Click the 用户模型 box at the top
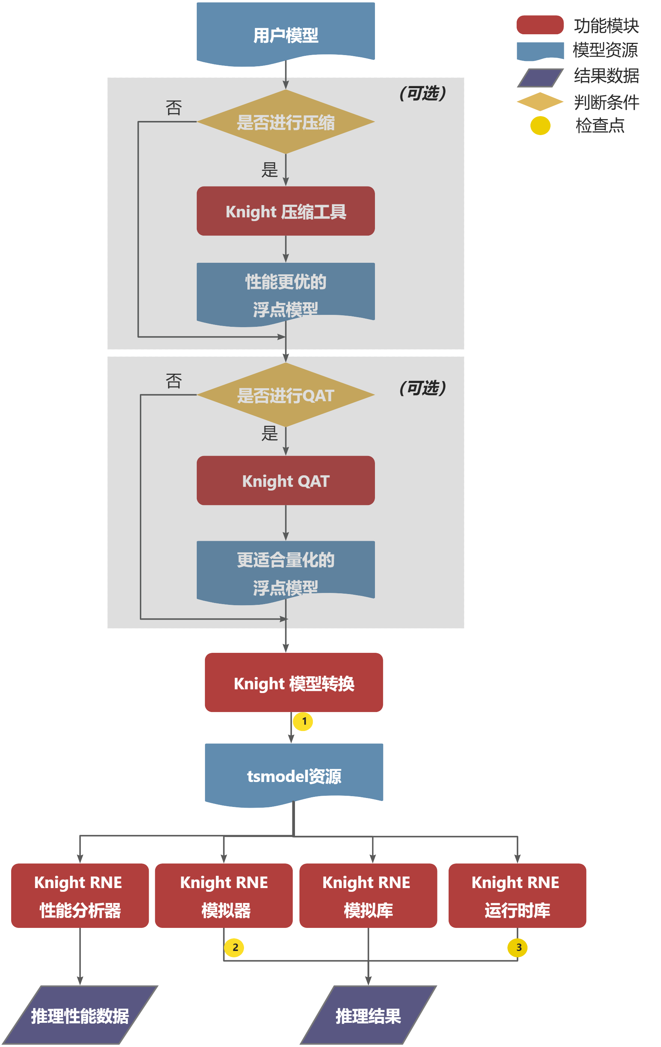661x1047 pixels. point(286,34)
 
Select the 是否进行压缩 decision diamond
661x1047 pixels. point(286,122)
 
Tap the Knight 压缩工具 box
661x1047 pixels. point(286,211)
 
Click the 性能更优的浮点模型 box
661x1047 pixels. point(286,294)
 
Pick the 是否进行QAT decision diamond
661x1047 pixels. point(286,395)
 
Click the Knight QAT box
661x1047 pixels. point(286,481)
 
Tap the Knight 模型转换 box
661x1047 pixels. point(294,682)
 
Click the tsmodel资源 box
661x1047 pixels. point(294,775)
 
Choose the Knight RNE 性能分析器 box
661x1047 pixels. point(80,896)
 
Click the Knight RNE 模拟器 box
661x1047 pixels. point(224,896)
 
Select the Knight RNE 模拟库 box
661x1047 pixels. point(368,896)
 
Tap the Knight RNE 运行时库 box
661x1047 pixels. point(517,896)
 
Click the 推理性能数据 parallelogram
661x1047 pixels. point(80,1015)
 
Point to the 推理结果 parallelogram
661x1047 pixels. point(368,1015)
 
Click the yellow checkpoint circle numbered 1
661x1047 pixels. point(303,721)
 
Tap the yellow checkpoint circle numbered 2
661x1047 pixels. point(234,947)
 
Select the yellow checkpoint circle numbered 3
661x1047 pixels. point(517,947)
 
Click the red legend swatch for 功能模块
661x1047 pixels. point(540,25)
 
